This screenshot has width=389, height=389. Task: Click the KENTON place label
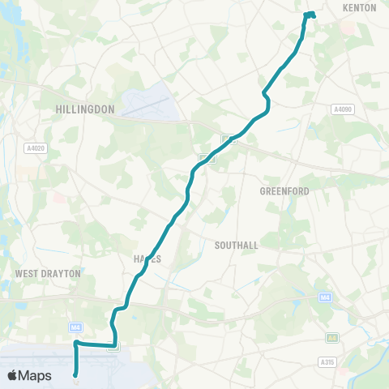click(x=360, y=7)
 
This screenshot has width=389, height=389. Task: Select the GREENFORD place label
click(x=284, y=191)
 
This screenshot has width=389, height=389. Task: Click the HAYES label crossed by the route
click(x=147, y=259)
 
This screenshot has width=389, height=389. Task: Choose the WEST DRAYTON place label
click(x=48, y=274)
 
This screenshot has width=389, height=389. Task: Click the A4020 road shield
click(x=36, y=148)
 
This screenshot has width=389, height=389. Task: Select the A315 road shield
click(x=327, y=361)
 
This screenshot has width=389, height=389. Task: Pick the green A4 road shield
click(x=331, y=337)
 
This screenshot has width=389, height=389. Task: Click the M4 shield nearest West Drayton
click(x=76, y=327)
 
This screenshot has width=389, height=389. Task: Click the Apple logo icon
click(x=12, y=375)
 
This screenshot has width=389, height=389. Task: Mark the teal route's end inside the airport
click(x=75, y=374)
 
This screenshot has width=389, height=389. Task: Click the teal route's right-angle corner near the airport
click(x=76, y=344)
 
